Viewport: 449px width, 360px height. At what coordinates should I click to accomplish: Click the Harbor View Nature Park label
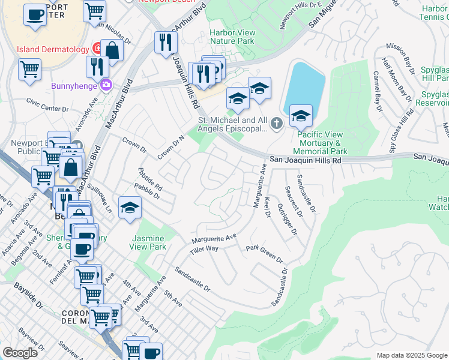pyautogui.click(x=232, y=37)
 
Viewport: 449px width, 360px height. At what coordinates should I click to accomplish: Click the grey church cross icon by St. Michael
pyautogui.click(x=276, y=124)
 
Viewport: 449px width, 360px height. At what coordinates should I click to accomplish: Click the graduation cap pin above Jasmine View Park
pyautogui.click(x=130, y=208)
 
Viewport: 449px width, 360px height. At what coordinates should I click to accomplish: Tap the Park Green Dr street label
pyautogui.click(x=264, y=253)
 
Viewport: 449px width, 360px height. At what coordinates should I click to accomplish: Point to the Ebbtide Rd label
pyautogui.click(x=151, y=179)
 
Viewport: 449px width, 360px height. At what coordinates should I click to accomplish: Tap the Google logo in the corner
pyautogui.click(x=20, y=353)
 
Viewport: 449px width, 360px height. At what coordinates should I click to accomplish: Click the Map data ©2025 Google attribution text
pyautogui.click(x=412, y=355)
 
